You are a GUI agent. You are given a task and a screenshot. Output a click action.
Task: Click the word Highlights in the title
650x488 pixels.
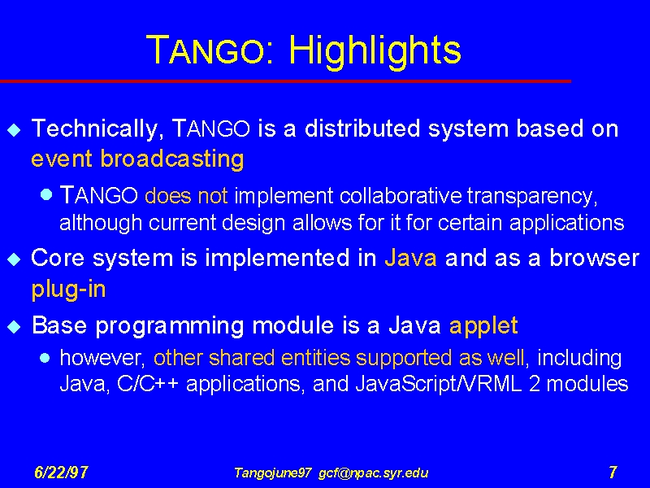tap(375, 51)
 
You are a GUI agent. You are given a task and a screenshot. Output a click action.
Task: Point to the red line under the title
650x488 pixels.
tap(286, 81)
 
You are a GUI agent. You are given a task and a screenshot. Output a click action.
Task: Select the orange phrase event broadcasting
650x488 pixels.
tap(137, 159)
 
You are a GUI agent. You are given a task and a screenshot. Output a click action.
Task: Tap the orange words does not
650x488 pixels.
tap(186, 195)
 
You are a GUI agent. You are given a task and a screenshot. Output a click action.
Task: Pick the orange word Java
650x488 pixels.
tap(411, 258)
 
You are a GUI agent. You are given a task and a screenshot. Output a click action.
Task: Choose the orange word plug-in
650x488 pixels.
tap(69, 290)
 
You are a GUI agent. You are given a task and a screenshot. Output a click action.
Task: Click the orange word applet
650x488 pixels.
tap(483, 326)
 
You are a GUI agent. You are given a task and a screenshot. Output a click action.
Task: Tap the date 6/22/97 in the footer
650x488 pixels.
tap(62, 473)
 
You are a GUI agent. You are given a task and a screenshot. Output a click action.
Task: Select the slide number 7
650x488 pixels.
tap(613, 473)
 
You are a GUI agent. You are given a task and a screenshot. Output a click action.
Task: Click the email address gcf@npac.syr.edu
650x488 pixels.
tap(374, 473)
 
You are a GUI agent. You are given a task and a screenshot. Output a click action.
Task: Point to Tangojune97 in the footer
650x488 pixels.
tap(273, 473)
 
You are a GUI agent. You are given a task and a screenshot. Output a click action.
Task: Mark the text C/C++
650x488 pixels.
tap(148, 384)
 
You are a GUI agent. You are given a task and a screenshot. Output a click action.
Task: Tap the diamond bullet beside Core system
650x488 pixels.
tap(14, 259)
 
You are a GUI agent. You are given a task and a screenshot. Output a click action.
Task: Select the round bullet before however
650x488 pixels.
tap(45, 358)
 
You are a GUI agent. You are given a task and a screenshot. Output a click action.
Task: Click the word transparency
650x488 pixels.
tap(532, 196)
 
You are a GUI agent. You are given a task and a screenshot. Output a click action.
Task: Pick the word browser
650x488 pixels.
tap(595, 258)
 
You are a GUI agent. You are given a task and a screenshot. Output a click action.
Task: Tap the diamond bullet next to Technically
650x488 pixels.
tap(14, 130)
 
